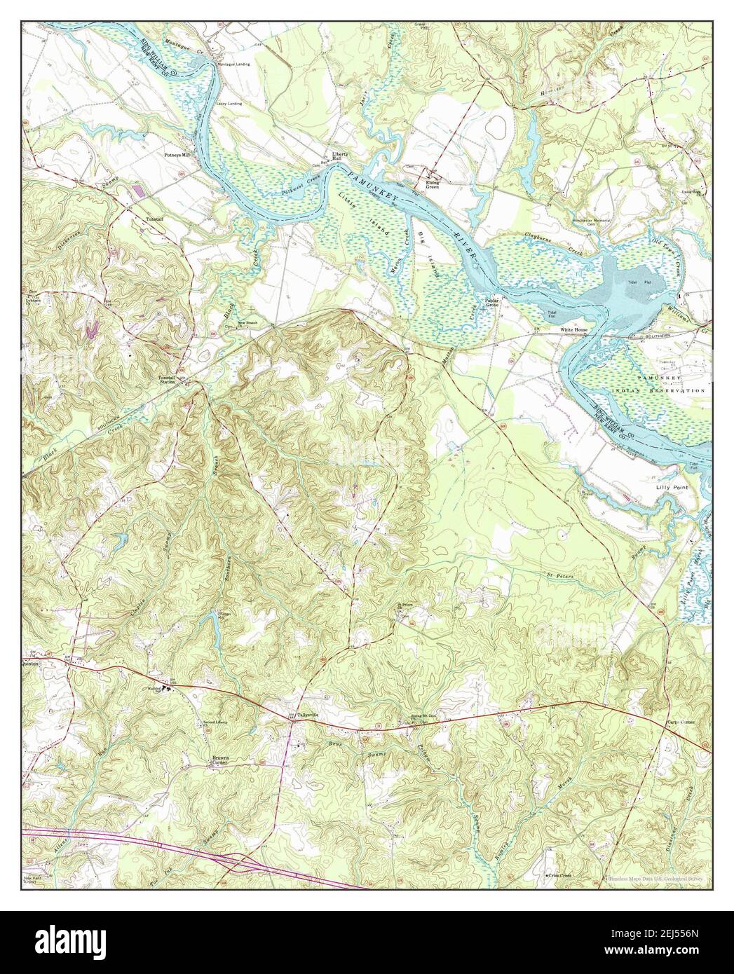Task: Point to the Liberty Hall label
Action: [339, 158]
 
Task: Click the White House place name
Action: [573, 329]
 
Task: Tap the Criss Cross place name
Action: [559, 876]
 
